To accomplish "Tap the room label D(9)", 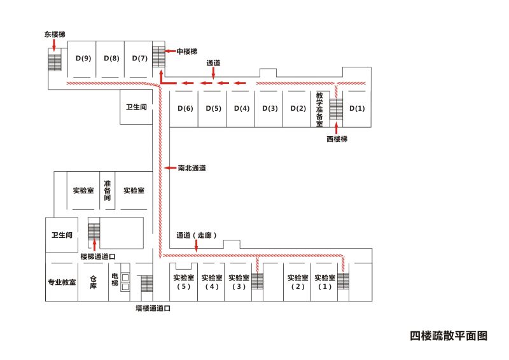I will click(x=83, y=59).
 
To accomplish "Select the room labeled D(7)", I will click(x=139, y=59).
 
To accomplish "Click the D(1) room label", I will click(x=357, y=108).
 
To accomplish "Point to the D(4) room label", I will click(x=241, y=108).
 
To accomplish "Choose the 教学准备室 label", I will click(x=319, y=108).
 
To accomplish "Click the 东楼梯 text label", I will click(x=55, y=34).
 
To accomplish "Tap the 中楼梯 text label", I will click(x=187, y=51).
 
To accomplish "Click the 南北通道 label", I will click(x=192, y=168).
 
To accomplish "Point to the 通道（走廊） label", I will click(x=197, y=235).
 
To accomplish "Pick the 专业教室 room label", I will click(x=62, y=281).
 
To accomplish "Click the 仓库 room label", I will click(x=93, y=281).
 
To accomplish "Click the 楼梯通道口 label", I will click(x=97, y=256).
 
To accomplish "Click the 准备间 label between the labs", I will click(x=107, y=190).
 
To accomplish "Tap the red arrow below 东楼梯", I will click(x=55, y=45).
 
